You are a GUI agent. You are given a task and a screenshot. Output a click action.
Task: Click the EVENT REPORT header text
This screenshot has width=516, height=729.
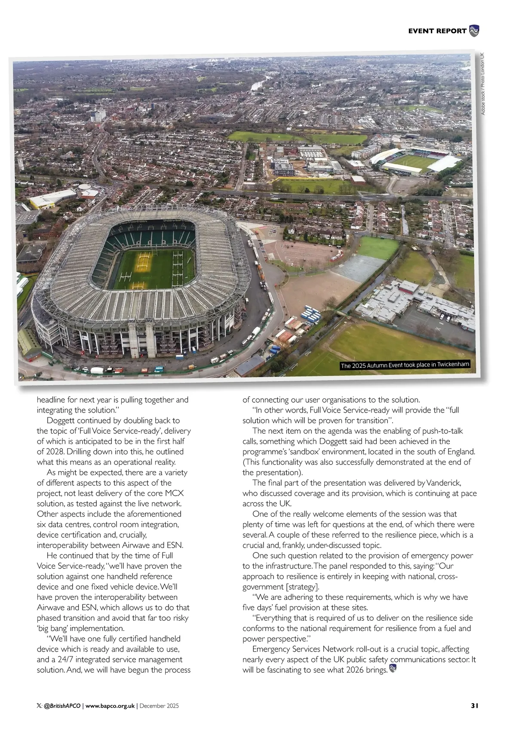[x=437, y=31]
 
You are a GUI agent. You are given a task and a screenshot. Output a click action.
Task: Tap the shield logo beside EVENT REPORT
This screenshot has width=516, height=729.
[x=474, y=31]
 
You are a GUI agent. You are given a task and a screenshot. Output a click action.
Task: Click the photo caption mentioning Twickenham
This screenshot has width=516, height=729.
[x=405, y=365]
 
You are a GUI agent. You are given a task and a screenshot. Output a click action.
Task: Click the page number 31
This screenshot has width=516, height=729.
[x=474, y=705]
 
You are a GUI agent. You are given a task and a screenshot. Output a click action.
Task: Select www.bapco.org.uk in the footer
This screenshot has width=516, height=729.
[x=110, y=706]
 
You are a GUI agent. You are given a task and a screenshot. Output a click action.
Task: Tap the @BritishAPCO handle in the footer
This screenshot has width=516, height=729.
[x=62, y=706]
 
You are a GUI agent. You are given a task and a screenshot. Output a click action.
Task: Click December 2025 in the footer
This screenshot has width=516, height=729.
[x=159, y=706]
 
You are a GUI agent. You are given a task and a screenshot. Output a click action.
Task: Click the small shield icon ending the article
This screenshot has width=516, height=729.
[x=393, y=669]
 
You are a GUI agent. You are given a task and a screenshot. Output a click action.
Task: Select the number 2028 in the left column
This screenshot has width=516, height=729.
[x=46, y=452]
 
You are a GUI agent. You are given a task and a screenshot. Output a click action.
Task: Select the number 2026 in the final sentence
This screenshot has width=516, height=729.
[x=355, y=670]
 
